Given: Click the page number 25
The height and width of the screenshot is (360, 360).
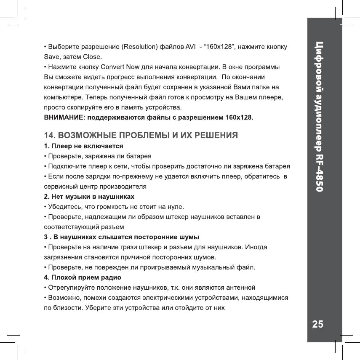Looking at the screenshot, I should (x=318, y=324).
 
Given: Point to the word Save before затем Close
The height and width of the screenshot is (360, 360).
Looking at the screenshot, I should (x=53, y=56).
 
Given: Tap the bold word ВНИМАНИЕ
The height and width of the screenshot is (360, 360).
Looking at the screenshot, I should (x=64, y=117).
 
